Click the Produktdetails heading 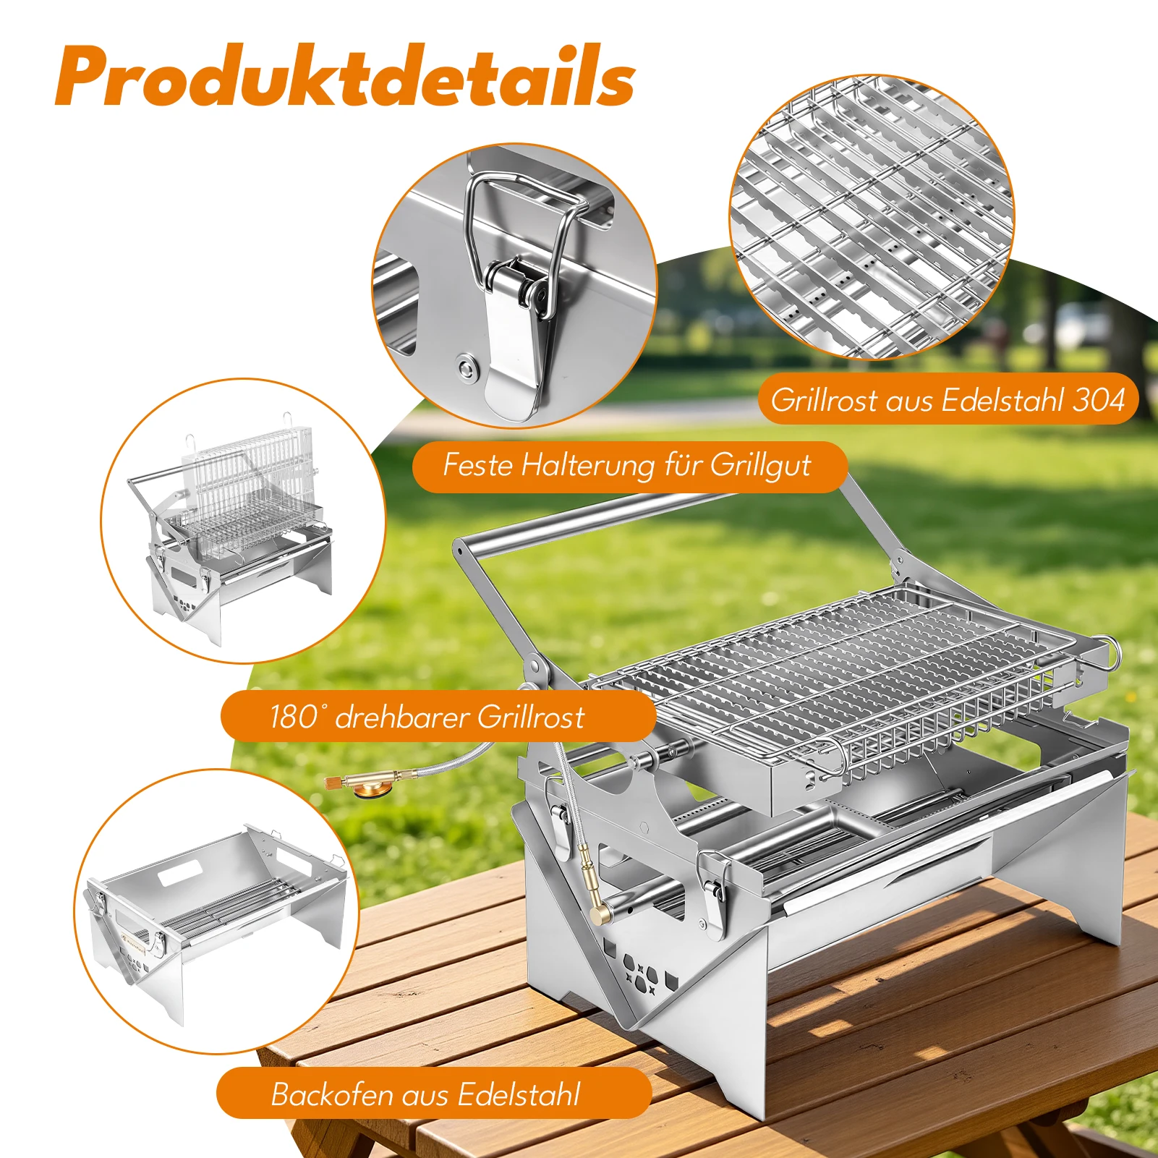(x=345, y=77)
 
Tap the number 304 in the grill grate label (x=1099, y=400)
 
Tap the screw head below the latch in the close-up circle (x=467, y=367)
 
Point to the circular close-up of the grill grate (x=872, y=217)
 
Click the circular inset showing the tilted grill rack (x=243, y=521)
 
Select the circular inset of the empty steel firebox (x=217, y=911)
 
